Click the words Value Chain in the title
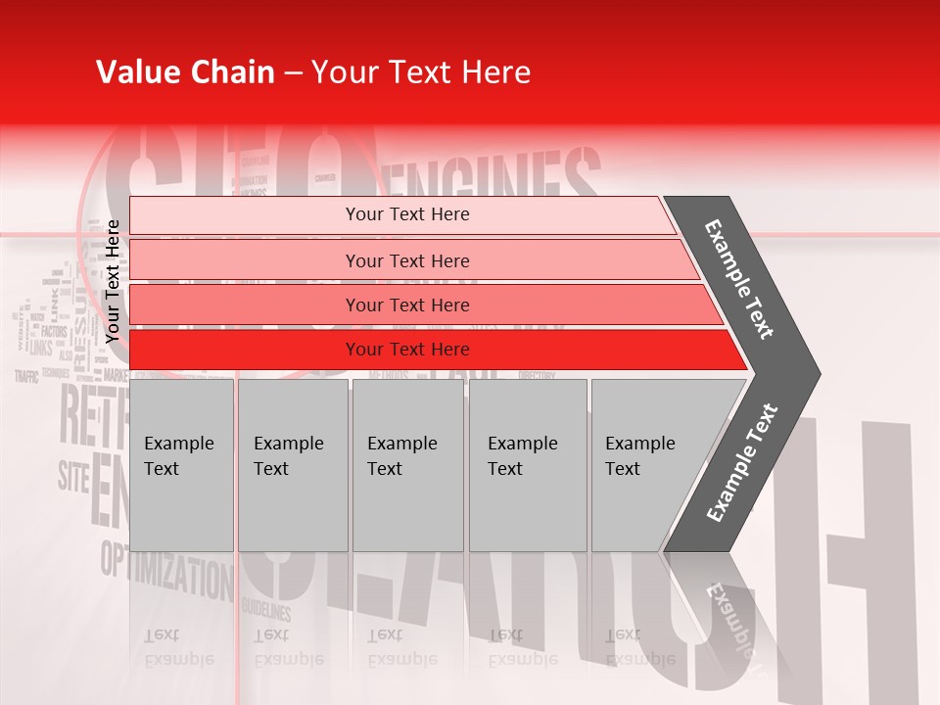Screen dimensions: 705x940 [x=185, y=72]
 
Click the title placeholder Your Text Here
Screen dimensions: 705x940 [x=421, y=72]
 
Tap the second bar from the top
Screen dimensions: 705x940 [x=406, y=260]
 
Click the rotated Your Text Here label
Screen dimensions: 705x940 [x=113, y=281]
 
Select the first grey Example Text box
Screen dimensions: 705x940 [x=181, y=465]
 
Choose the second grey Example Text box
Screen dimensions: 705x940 [x=292, y=465]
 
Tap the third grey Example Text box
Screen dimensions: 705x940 [x=407, y=465]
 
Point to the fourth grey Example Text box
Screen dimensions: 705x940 [x=527, y=465]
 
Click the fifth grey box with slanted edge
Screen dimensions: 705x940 [x=646, y=465]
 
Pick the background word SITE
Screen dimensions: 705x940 [x=73, y=476]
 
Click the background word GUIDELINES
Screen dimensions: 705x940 [x=266, y=611]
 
